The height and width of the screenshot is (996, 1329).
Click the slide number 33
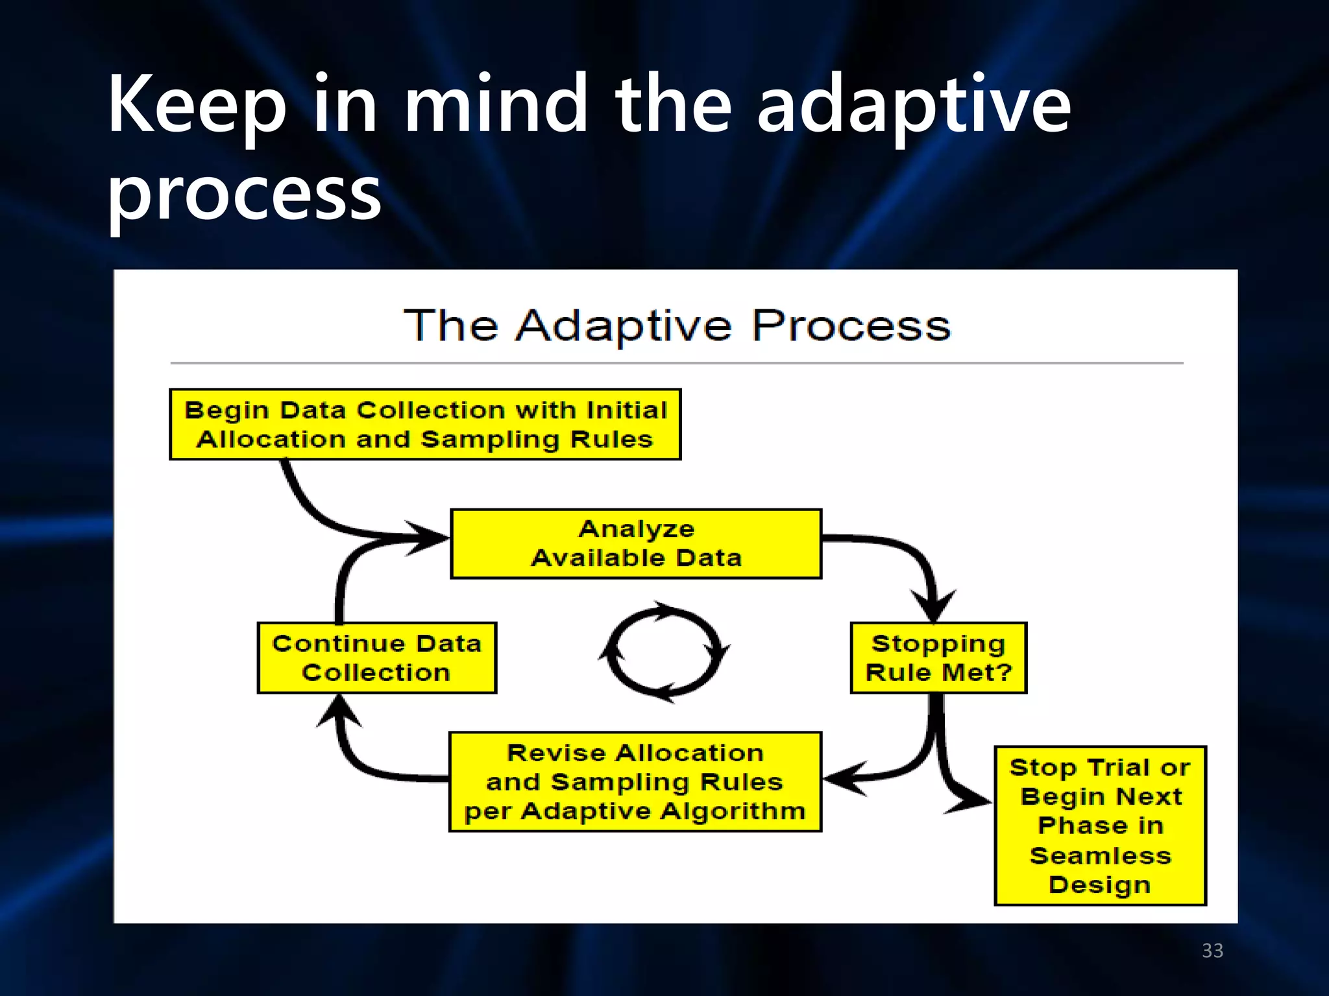tap(1212, 951)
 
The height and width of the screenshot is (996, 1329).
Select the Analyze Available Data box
tap(636, 543)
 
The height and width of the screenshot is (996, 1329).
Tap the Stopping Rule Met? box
tap(938, 658)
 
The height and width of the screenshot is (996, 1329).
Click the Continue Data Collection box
tap(376, 658)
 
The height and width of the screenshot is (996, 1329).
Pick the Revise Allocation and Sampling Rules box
tap(635, 781)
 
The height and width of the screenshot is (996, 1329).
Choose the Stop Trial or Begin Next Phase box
tap(1100, 825)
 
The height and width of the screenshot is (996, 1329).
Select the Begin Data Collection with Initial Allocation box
tap(425, 425)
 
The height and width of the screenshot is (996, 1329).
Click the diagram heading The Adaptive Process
tap(677, 326)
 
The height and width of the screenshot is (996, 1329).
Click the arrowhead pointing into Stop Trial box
tap(971, 801)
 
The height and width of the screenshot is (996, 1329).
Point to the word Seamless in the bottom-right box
tap(1100, 855)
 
